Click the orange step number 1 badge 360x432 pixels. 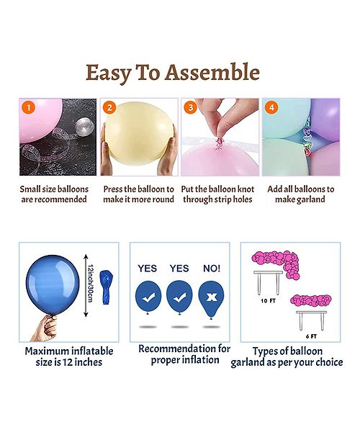(29, 107)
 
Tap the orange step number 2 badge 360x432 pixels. (109, 107)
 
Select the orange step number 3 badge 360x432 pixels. (190, 107)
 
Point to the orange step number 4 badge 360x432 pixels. (271, 107)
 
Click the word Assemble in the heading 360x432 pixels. (212, 72)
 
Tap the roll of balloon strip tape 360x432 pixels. (84, 125)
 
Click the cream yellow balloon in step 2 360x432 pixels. (140, 133)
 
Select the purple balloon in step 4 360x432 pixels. (326, 119)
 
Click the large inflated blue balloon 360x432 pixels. (53, 284)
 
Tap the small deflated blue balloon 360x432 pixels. (107, 287)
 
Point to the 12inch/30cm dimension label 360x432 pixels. (90, 284)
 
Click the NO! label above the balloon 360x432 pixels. (212, 268)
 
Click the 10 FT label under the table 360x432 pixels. (268, 301)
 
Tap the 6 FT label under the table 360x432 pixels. (311, 336)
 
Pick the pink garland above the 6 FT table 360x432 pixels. (311, 300)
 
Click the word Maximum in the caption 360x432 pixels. (47, 351)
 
